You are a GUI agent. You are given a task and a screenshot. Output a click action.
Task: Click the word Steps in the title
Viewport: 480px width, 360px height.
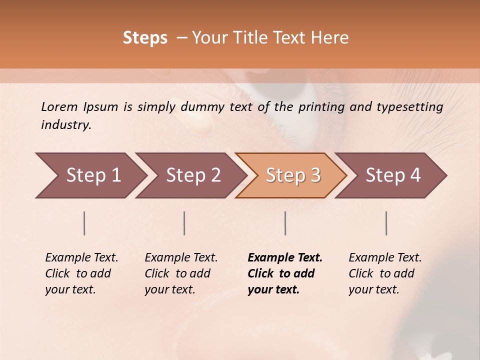pos(145,38)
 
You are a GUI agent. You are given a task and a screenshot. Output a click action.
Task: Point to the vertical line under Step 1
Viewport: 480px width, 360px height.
pos(84,223)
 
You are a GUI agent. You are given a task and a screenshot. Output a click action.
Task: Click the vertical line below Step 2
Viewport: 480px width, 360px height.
pos(184,223)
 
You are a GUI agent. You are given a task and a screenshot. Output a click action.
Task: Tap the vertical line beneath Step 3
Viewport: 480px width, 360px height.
pos(285,223)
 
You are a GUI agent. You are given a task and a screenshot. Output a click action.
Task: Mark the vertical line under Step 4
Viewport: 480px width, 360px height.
pos(386,223)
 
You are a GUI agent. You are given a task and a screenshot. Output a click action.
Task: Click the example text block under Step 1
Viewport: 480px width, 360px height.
pos(81,273)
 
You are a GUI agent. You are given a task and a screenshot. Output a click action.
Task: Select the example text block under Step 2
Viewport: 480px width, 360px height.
pos(181,273)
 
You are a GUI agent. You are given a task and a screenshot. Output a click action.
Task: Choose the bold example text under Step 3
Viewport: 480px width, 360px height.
pos(285,273)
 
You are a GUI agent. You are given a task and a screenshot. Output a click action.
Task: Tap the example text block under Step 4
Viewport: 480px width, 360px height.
pos(385,273)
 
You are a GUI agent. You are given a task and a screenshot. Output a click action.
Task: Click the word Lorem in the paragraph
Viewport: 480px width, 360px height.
pos(59,107)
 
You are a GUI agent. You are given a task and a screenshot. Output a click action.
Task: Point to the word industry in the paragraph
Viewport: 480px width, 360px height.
pos(66,125)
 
